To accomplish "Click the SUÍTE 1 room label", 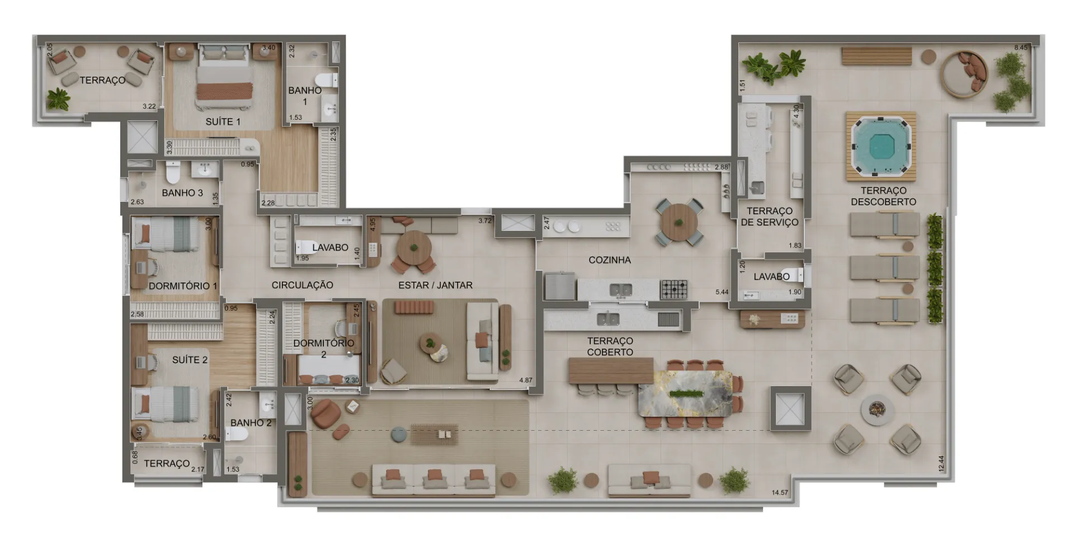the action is (x=223, y=121).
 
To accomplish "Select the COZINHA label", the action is (x=609, y=260).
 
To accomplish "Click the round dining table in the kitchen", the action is (x=679, y=222).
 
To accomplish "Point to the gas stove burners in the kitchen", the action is (x=674, y=289).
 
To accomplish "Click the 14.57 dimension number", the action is (x=780, y=493).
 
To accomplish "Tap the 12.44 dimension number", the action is (x=941, y=464).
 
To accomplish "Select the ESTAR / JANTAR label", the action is (x=435, y=285).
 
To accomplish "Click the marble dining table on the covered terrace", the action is (x=685, y=394).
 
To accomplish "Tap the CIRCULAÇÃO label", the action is (x=302, y=285).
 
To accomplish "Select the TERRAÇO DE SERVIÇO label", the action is (x=770, y=216).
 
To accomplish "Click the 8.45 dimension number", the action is (x=1021, y=48).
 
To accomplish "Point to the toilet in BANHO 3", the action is (x=173, y=172).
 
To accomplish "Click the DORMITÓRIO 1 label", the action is (x=183, y=286).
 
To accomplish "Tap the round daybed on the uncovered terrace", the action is (x=964, y=74).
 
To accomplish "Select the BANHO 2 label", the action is (x=251, y=423).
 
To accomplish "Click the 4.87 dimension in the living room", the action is (x=526, y=380).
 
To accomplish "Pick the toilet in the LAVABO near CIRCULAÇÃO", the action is (x=305, y=247).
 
